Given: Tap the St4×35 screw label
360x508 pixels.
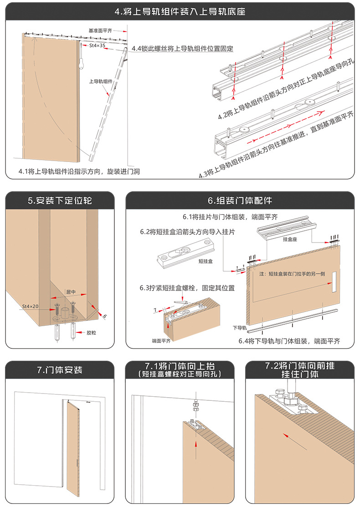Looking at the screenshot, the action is click(x=97, y=46).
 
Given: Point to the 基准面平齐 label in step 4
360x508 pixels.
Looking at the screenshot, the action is click(x=101, y=31).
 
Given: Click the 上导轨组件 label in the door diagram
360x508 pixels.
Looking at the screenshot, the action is click(x=101, y=81).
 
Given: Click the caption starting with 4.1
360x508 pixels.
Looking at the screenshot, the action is click(x=79, y=171).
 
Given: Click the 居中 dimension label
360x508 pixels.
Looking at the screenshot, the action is click(x=71, y=290).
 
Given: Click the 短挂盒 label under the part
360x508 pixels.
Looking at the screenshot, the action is click(x=206, y=275).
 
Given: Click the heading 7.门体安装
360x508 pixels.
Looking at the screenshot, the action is click(x=60, y=369).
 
